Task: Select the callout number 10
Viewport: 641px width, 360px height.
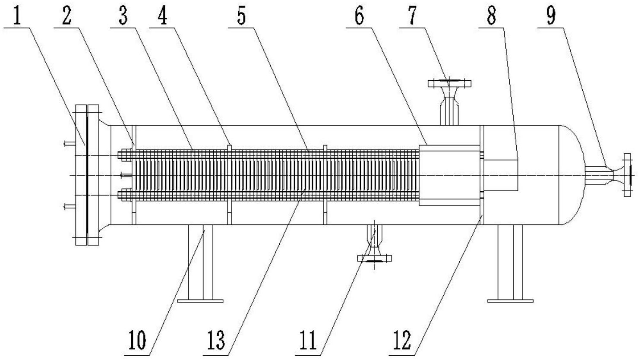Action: (x=137, y=340)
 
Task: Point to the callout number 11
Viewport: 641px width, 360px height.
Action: (x=308, y=340)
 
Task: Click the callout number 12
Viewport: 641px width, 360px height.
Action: (x=403, y=340)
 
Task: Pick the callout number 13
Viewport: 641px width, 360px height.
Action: (x=216, y=340)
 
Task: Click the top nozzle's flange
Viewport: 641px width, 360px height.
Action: (x=449, y=84)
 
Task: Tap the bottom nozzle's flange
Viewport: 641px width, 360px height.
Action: (x=374, y=259)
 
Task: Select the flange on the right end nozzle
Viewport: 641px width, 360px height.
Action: (x=627, y=175)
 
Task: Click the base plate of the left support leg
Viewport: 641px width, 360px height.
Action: (x=200, y=301)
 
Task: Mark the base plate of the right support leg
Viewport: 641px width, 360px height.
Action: (x=510, y=301)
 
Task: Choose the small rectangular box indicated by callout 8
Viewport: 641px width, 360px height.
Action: (x=500, y=175)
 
